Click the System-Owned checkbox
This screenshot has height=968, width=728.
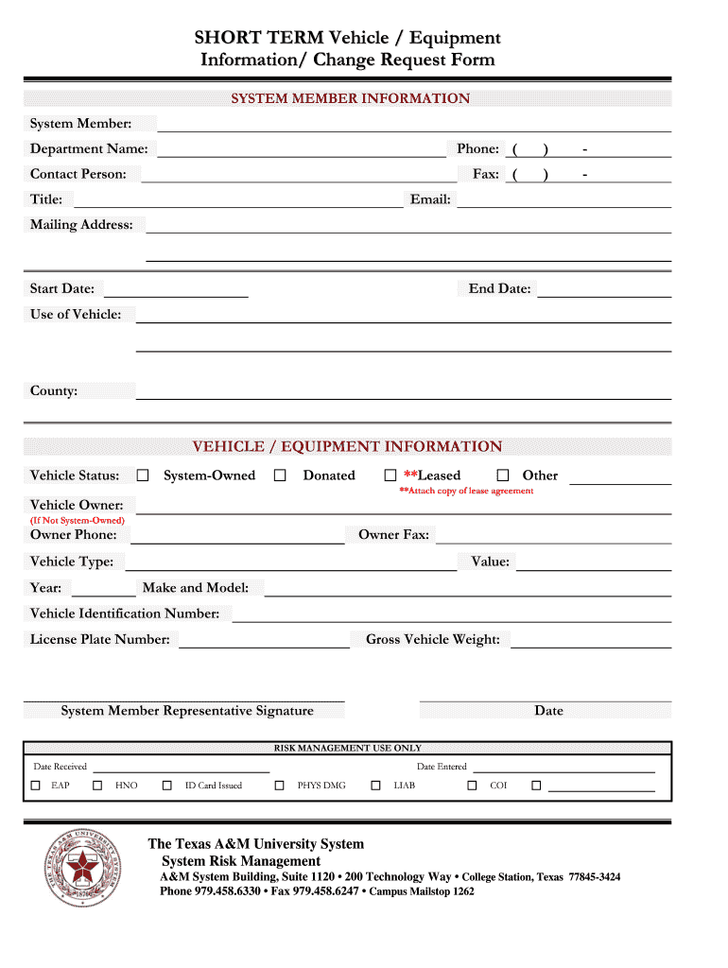pos(143,475)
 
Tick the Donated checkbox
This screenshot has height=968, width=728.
pos(280,475)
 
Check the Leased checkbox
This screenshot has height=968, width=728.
pos(390,475)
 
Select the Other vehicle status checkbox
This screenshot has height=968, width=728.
pos(503,475)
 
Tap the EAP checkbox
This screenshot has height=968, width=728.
pos(36,786)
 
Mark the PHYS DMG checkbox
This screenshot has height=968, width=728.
pos(280,786)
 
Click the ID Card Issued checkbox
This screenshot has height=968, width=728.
pos(167,786)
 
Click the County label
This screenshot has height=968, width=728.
pos(54,391)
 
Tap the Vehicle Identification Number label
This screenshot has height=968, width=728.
pos(125,614)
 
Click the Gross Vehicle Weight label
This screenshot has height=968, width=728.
pos(433,640)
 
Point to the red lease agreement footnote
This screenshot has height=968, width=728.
pos(465,491)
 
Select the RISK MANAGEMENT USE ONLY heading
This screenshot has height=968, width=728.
pos(348,748)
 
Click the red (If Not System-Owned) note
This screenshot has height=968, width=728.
pos(78,520)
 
